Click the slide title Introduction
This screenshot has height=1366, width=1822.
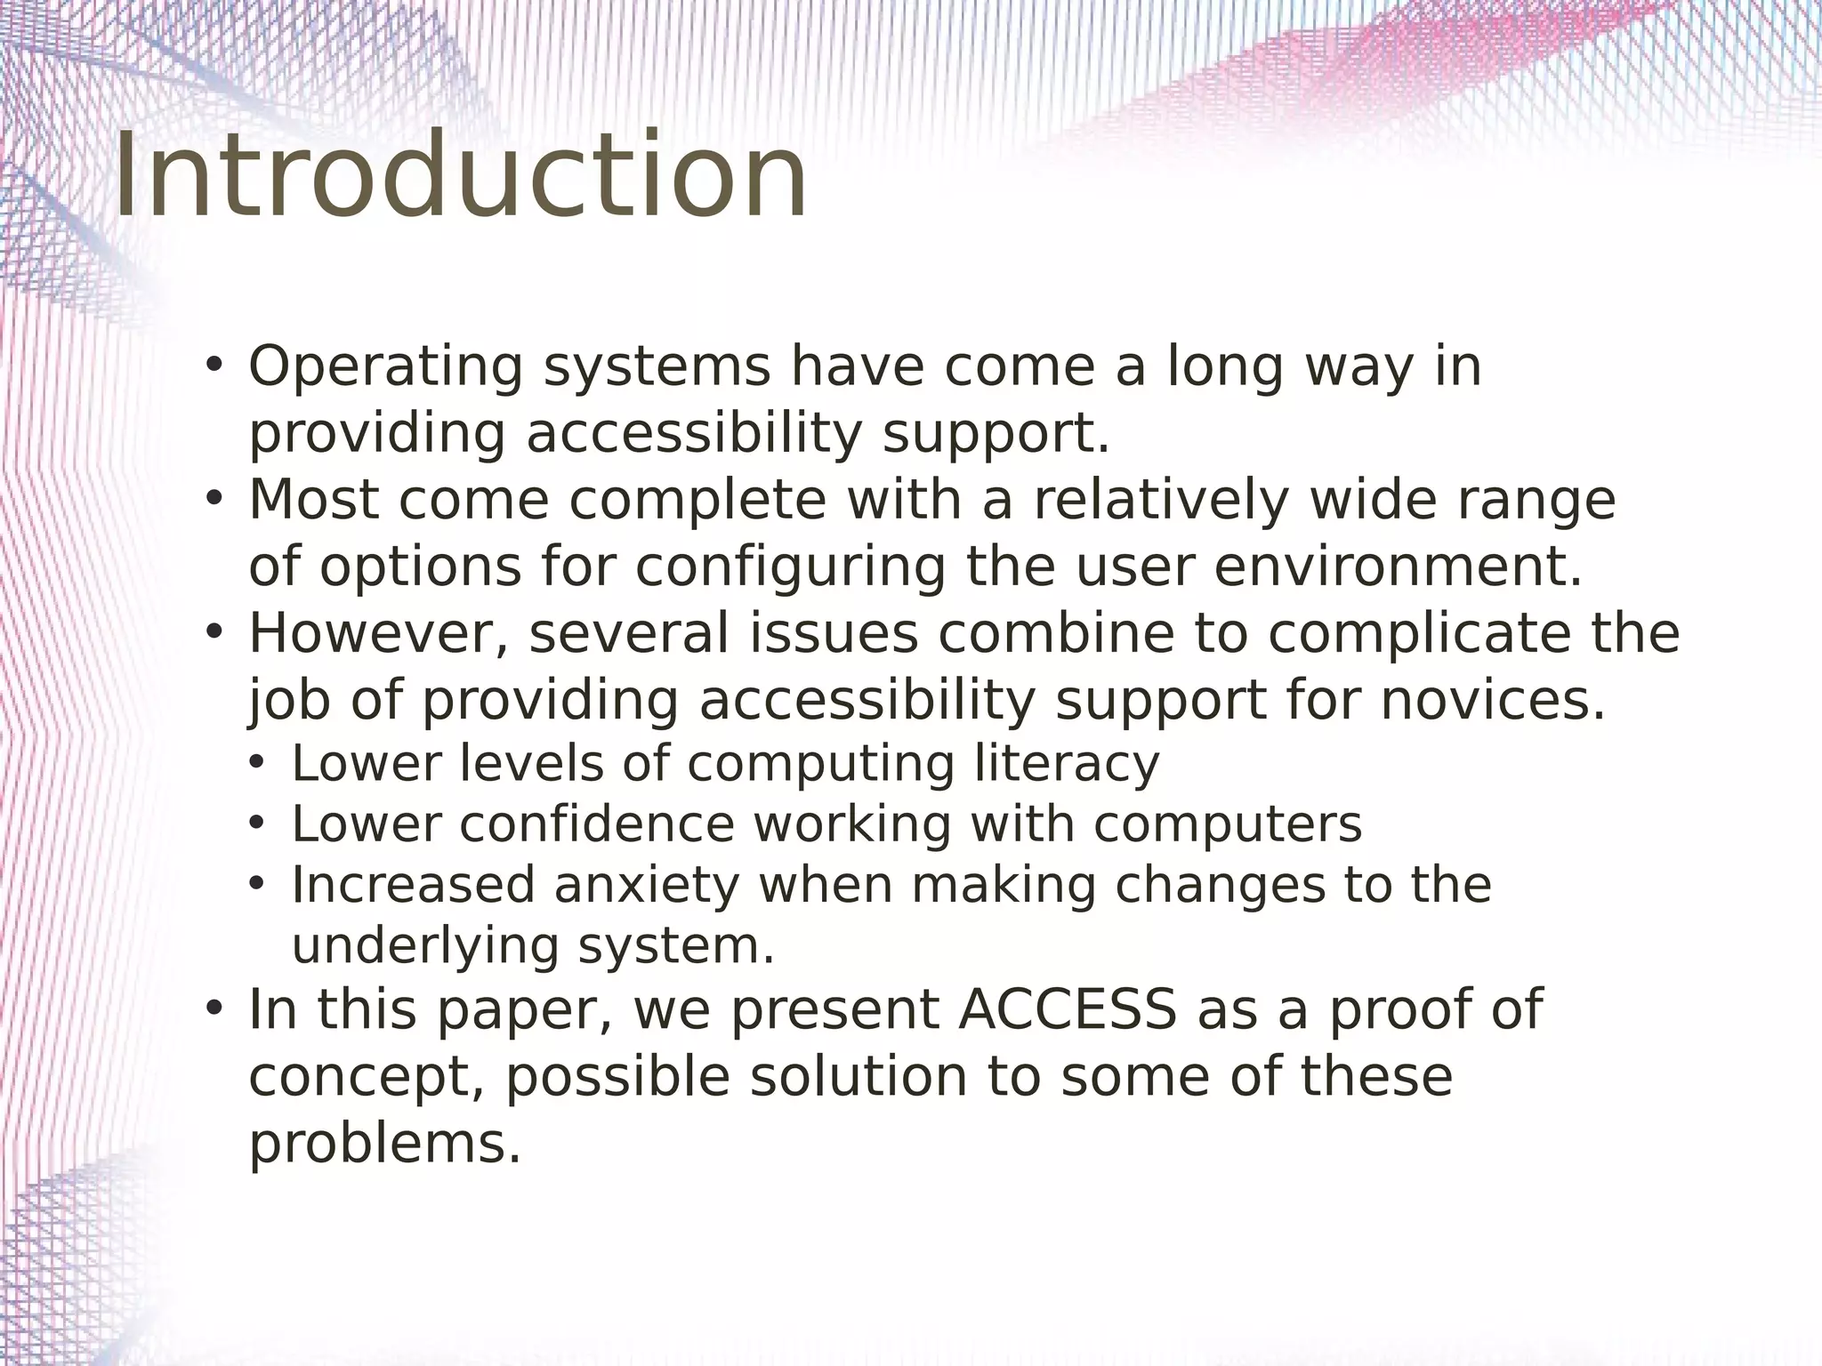[x=461, y=175]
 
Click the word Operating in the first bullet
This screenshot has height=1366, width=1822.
[x=385, y=367]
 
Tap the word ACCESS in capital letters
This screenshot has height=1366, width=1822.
[x=1067, y=1010]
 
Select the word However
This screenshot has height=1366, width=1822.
[x=379, y=634]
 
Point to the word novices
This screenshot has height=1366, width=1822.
[x=1492, y=701]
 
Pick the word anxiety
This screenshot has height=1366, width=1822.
[x=647, y=886]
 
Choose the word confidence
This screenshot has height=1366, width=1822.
[x=597, y=824]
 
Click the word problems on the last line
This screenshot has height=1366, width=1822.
[x=384, y=1144]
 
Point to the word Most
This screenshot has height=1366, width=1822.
[x=313, y=501]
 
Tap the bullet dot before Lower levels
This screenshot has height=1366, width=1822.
[x=257, y=764]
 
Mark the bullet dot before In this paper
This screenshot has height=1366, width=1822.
[x=214, y=1009]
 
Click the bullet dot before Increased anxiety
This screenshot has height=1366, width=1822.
[x=257, y=885]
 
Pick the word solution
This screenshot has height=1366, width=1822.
[x=859, y=1077]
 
